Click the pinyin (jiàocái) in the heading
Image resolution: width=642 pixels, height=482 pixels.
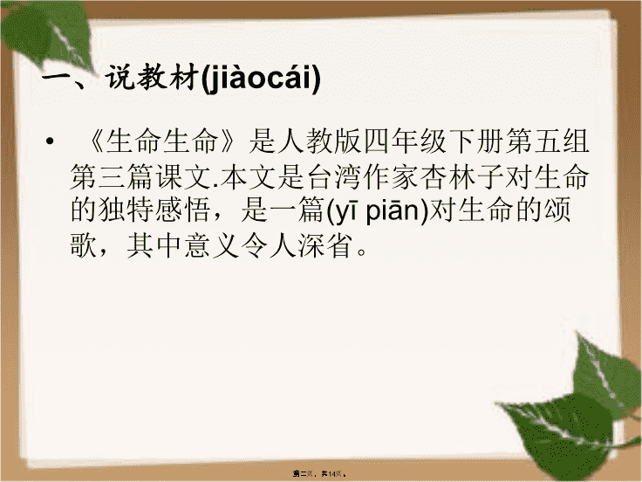[261, 78]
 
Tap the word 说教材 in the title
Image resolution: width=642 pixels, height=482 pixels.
[153, 77]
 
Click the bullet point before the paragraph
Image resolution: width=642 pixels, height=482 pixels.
[50, 142]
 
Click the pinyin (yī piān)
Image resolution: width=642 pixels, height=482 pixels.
[378, 211]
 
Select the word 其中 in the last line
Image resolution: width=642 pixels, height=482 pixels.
[154, 245]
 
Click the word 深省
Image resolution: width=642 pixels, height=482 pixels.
[326, 245]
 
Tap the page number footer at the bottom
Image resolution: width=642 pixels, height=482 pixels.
[320, 474]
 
